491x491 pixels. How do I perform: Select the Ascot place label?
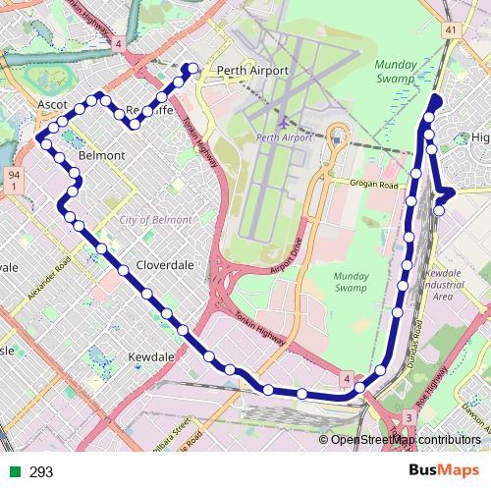[x=51, y=103]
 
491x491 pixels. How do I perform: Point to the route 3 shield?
[x=408, y=419]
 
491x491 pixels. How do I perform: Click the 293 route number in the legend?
[x=41, y=472]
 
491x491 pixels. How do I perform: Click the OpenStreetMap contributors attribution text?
[x=407, y=439]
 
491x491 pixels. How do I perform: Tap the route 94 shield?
[x=13, y=179]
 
